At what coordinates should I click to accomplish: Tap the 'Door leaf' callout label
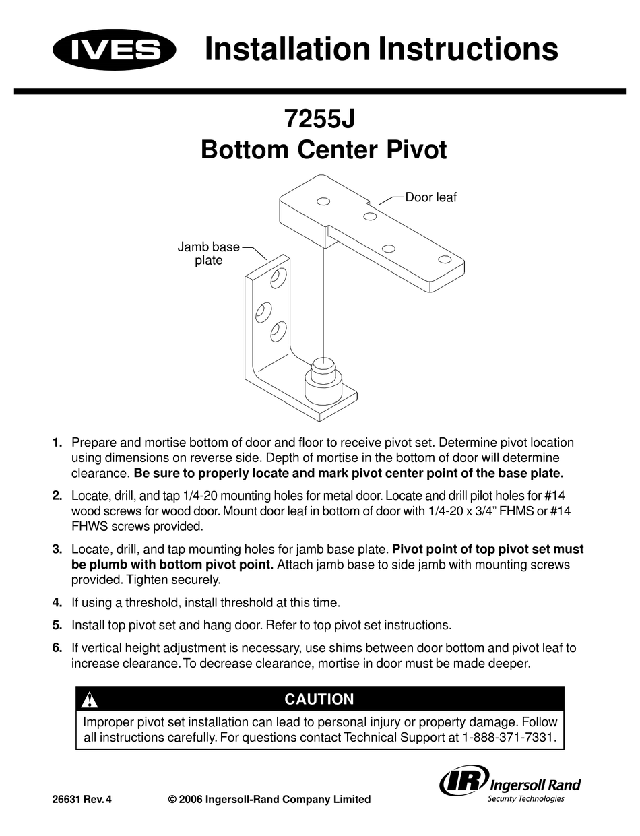pos(430,197)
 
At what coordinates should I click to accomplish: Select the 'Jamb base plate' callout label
pos(208,253)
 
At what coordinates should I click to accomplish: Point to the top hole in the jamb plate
pos(278,276)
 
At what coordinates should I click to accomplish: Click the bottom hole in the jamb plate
pos(278,331)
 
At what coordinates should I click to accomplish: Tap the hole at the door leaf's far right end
pos(444,259)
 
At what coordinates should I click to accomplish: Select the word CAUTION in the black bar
pos(319,699)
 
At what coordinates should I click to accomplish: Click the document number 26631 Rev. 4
pos(82,800)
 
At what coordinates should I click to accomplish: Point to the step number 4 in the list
pos(57,602)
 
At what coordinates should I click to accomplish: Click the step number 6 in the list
pos(57,648)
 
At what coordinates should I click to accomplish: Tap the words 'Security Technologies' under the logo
pos(525,799)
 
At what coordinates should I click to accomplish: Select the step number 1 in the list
pos(57,443)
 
